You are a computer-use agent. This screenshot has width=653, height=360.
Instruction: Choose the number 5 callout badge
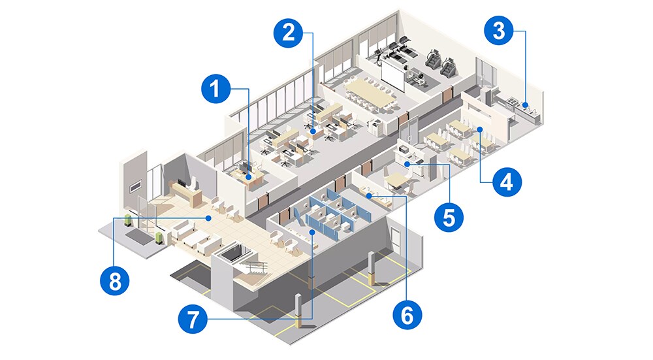tap(448, 215)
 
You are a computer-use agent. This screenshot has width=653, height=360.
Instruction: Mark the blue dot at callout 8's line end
tap(208, 218)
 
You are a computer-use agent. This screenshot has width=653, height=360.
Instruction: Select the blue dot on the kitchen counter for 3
tap(526, 103)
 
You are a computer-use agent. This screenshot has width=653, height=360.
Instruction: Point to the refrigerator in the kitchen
tap(486, 97)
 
